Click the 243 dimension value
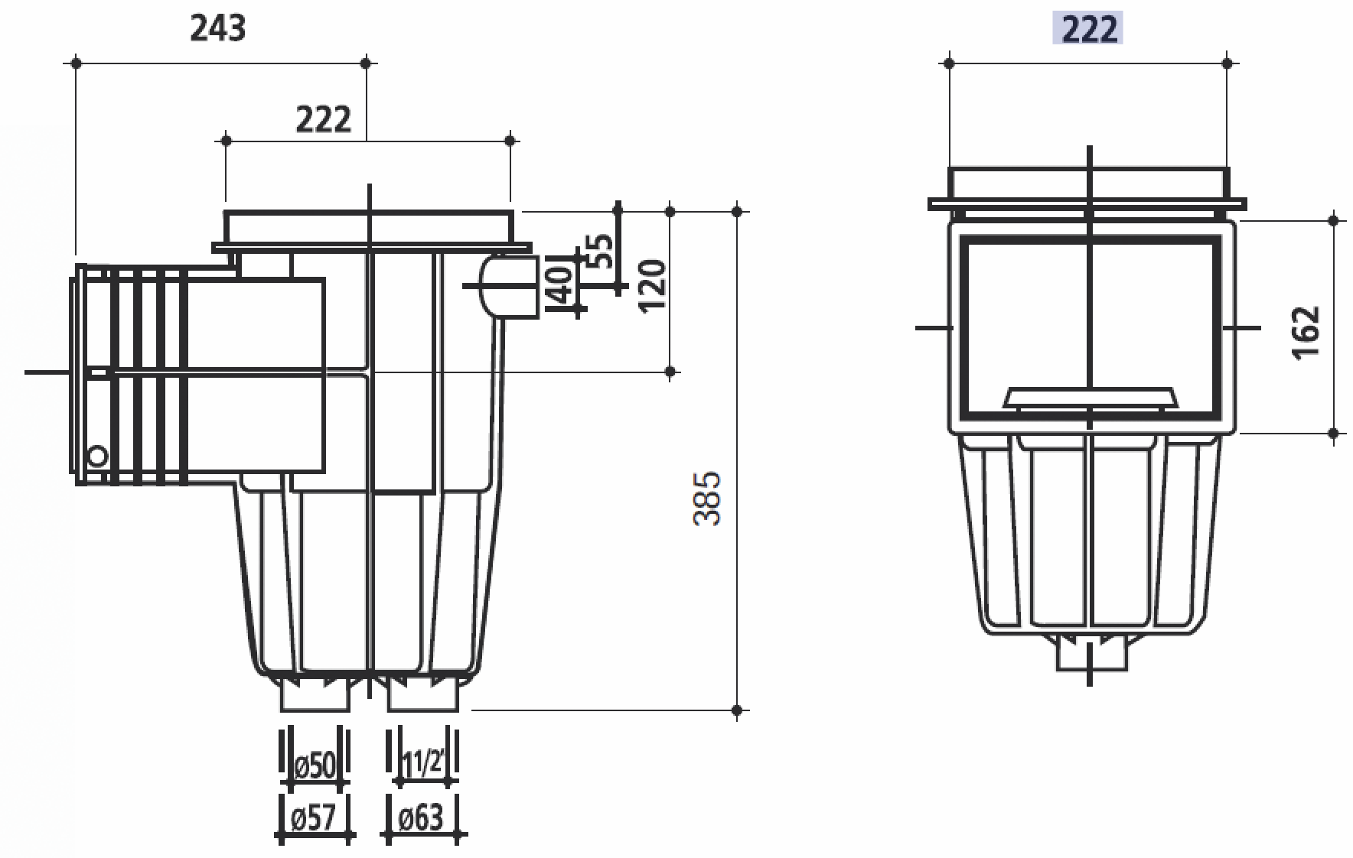tap(217, 28)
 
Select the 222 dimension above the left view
tap(323, 119)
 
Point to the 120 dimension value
tap(652, 284)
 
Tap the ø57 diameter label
tap(315, 817)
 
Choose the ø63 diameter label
tap(422, 817)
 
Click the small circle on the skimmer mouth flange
tap(97, 457)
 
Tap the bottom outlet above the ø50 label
tap(315, 694)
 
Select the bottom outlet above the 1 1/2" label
tap(424, 694)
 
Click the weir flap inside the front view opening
tap(1090, 397)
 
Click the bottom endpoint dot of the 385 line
tap(737, 710)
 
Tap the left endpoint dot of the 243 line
tap(76, 63)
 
